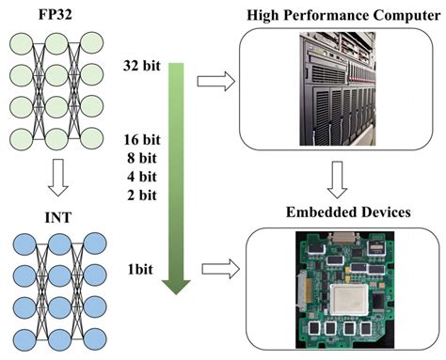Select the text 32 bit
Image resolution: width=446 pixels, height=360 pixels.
pos(141,65)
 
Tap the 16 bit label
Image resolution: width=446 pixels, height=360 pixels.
pos(141,140)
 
